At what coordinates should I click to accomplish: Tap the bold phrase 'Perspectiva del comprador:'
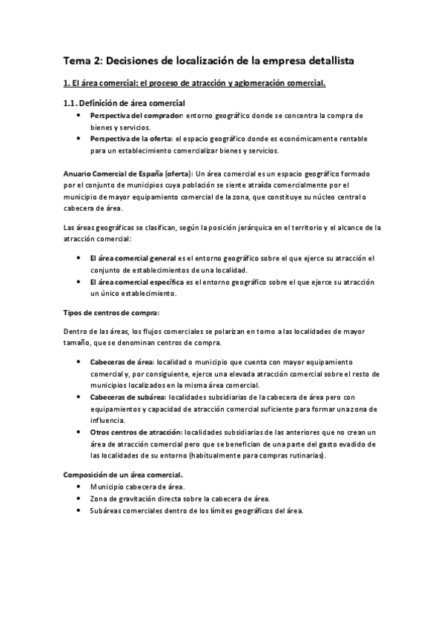136,116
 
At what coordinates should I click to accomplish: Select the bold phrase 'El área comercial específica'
138,283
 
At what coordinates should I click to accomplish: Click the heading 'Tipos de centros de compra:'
110,312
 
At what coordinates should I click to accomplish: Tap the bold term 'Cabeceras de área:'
122,361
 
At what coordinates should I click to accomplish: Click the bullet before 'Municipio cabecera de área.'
79,487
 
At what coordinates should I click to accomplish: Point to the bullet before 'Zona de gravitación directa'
79,498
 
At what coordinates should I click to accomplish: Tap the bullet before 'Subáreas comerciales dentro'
79,511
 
